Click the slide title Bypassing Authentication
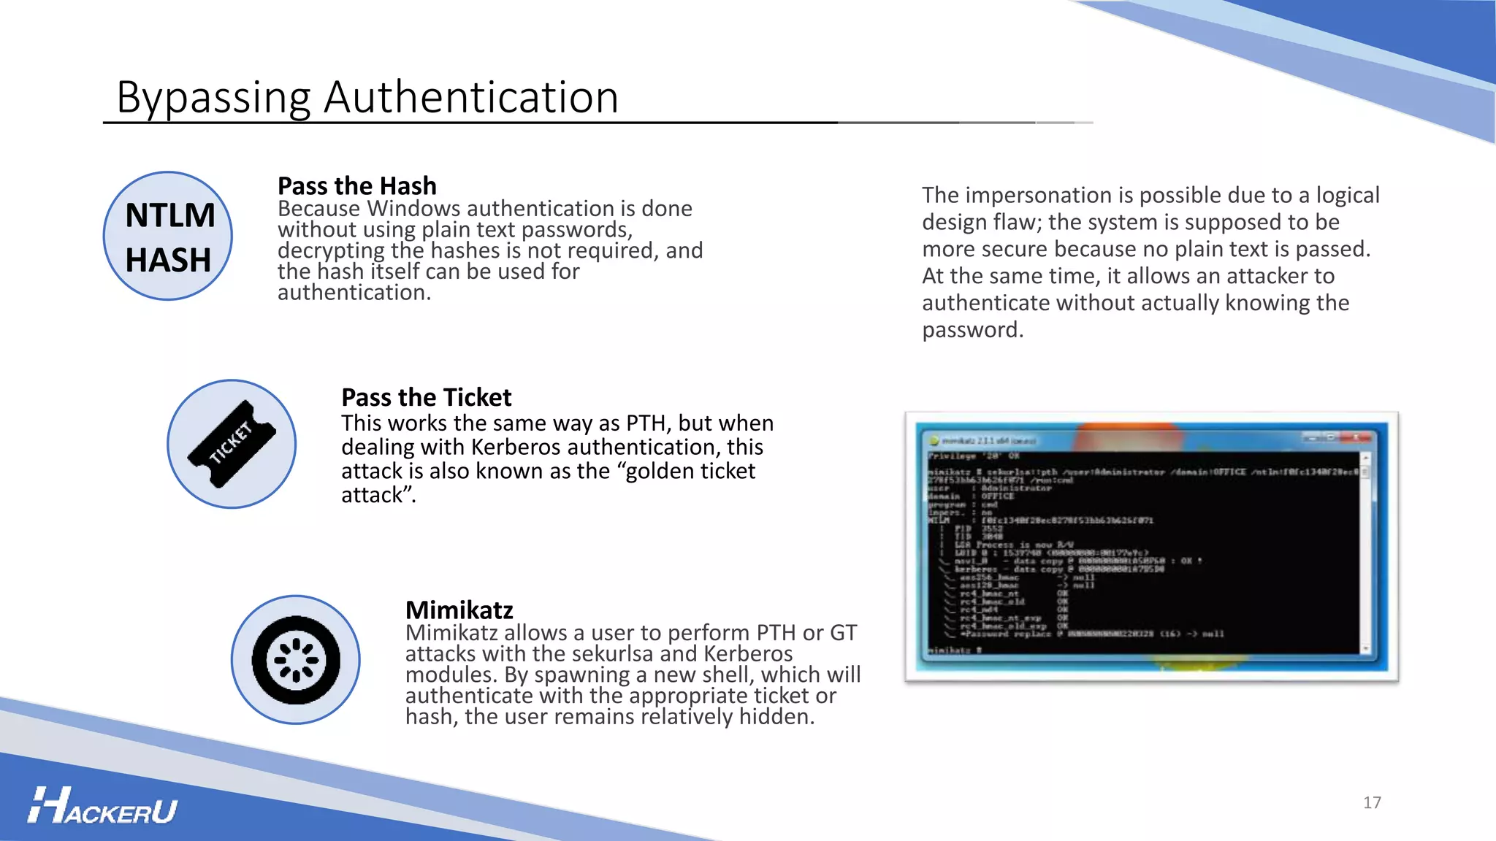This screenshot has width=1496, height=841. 367,97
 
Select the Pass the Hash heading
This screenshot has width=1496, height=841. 356,185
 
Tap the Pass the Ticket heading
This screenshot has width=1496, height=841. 426,397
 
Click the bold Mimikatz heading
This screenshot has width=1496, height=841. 459,610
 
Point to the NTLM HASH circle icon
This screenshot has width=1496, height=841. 168,236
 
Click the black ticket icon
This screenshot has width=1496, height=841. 232,444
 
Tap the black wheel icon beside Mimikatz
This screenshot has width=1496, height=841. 296,660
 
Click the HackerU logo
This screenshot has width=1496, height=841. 103,807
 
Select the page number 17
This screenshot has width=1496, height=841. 1372,803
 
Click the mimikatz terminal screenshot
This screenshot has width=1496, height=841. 1151,546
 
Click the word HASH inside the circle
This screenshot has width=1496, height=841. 168,261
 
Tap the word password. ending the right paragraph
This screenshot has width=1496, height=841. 972,330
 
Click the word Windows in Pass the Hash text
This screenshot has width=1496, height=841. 413,209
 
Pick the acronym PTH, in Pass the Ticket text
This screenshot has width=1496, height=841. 649,423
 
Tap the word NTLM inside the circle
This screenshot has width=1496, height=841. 170,216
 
